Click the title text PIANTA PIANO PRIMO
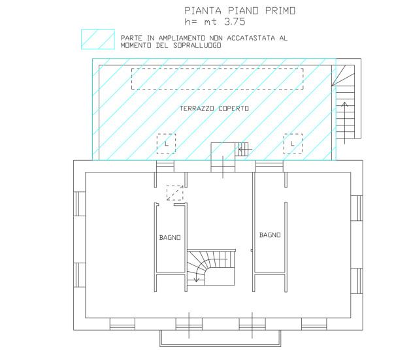tap(240, 10)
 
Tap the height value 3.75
tap(235, 22)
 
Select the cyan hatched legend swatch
tap(98, 39)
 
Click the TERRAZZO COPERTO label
tap(214, 108)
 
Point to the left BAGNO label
tap(170, 238)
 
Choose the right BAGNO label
tap(270, 235)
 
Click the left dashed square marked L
tap(166, 144)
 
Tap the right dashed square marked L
tap(293, 144)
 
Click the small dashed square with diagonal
tap(175, 193)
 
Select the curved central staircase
tap(211, 267)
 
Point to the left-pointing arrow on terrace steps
tap(245, 150)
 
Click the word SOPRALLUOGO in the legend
tap(197, 45)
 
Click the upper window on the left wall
tap(79, 204)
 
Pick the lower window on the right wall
tap(357, 281)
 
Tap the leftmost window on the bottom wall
tap(122, 324)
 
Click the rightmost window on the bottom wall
tap(314, 324)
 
